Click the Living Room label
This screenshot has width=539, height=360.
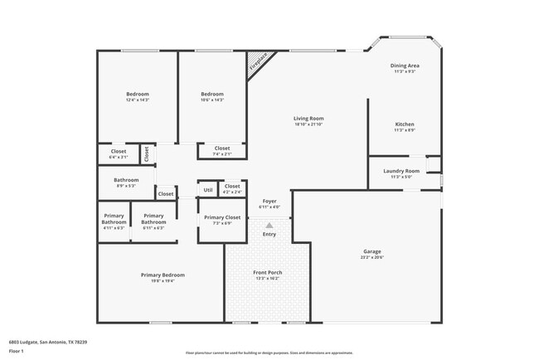coord(308,119)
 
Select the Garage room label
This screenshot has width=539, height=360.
coord(371,251)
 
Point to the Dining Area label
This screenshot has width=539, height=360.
coord(405,66)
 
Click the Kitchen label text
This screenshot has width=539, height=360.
coord(404,124)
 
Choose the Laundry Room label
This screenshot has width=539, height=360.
coord(401,171)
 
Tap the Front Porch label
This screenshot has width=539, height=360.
coord(267,272)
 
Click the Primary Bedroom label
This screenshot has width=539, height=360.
coord(163,275)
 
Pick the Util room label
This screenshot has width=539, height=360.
coord(207,191)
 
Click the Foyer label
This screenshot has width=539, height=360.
coord(269,202)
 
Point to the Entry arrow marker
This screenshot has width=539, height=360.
coord(269,225)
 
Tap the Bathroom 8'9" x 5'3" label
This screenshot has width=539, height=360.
coord(126,180)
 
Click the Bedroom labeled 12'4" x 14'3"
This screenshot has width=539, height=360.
coord(137,95)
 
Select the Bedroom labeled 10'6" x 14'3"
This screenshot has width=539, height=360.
coord(211,95)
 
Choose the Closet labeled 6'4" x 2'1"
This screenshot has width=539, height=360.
coord(119,151)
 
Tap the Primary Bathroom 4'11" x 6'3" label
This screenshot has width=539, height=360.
coord(114,219)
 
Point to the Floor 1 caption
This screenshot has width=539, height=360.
coord(17,352)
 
